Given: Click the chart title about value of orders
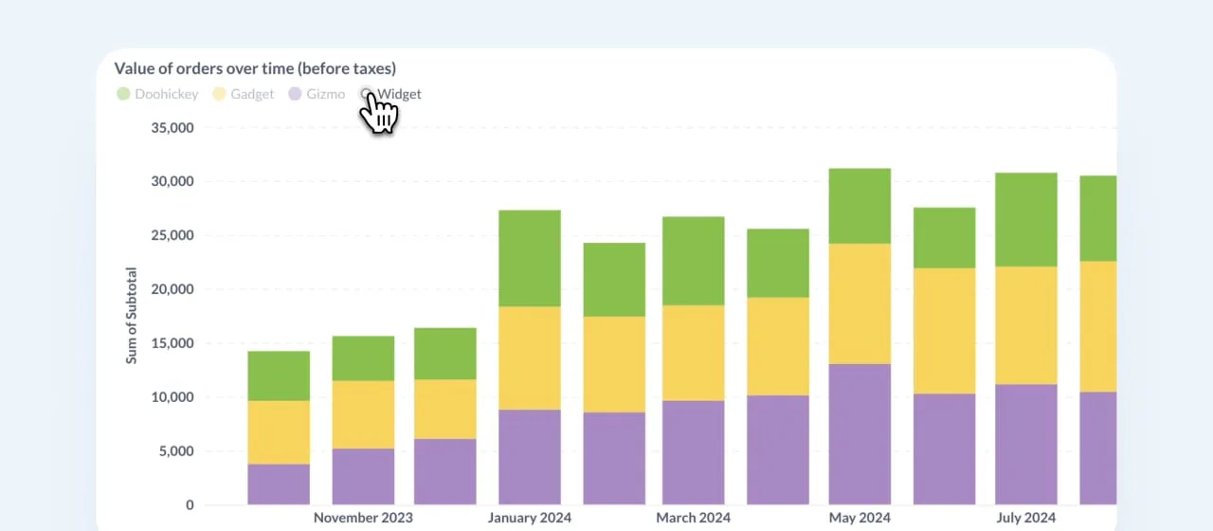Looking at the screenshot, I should click(255, 68).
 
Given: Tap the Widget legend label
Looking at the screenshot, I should click(399, 94).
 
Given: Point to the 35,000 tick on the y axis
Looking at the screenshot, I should click(172, 128).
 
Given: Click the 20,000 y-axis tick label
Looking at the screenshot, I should click(172, 289).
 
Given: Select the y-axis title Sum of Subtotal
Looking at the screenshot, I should click(132, 315).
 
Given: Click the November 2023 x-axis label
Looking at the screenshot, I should click(363, 518).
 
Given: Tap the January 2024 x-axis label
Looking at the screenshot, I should click(530, 518).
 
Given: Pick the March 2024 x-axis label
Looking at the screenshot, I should click(694, 518).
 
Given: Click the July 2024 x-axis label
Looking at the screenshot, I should click(1025, 518).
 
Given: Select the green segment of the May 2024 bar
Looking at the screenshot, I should click(860, 206).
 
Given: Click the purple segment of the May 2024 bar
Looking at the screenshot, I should click(860, 433).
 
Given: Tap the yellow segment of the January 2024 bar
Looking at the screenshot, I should click(530, 357).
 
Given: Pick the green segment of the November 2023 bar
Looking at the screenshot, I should click(363, 358).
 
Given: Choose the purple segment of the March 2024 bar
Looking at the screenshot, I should click(694, 451).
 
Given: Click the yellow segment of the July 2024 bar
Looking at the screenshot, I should click(1025, 325).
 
